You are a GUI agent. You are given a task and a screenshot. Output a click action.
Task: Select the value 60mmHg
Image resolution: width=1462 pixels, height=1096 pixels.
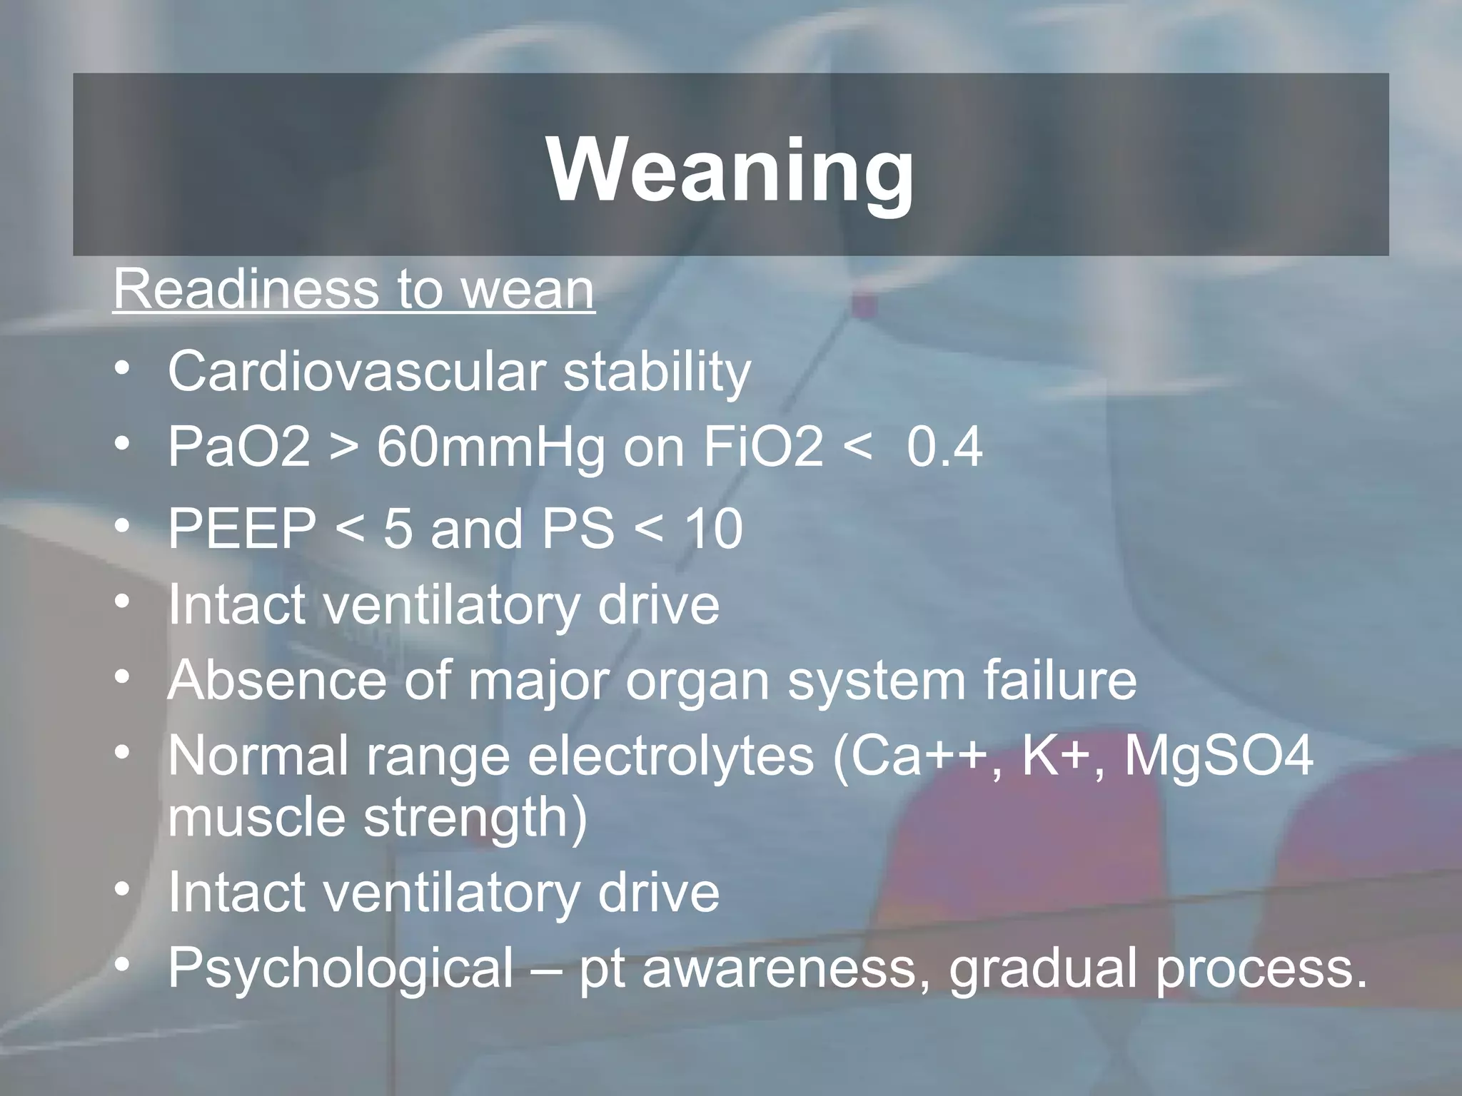[x=490, y=447]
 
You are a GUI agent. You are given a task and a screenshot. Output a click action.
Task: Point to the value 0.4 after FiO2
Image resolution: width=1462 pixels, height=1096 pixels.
[x=944, y=447]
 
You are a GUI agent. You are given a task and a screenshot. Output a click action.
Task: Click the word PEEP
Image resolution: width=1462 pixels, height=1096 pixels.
[x=242, y=529]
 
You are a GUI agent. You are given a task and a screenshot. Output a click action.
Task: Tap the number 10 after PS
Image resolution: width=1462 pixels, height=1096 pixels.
[x=713, y=529]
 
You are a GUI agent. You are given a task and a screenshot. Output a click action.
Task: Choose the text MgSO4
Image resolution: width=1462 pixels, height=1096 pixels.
[x=1219, y=756]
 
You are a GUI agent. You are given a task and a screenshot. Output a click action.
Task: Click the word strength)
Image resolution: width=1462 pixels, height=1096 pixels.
[x=475, y=818]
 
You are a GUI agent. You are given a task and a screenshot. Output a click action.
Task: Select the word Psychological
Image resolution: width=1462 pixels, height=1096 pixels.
[x=341, y=968]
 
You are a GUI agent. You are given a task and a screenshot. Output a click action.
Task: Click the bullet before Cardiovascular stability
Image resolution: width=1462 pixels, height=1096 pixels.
[x=123, y=370]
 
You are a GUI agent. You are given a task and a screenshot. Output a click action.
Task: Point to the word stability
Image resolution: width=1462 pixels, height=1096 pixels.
[x=657, y=372]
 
